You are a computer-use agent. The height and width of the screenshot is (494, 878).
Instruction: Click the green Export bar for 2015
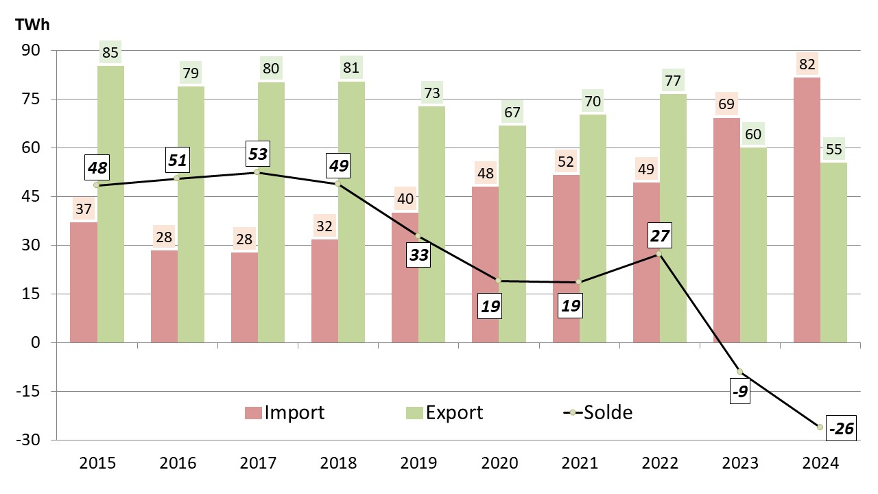click(110, 206)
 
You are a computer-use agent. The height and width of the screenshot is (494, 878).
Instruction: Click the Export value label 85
click(110, 52)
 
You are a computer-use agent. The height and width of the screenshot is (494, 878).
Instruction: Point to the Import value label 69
click(726, 106)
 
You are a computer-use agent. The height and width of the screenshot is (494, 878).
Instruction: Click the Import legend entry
click(285, 412)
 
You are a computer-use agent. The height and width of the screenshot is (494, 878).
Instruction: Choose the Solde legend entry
click(598, 412)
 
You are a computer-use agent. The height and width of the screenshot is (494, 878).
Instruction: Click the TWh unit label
click(32, 23)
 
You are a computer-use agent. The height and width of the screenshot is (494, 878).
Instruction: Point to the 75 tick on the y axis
click(32, 99)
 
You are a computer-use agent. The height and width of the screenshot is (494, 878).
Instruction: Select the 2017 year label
click(257, 464)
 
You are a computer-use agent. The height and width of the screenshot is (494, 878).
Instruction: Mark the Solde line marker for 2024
click(820, 427)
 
